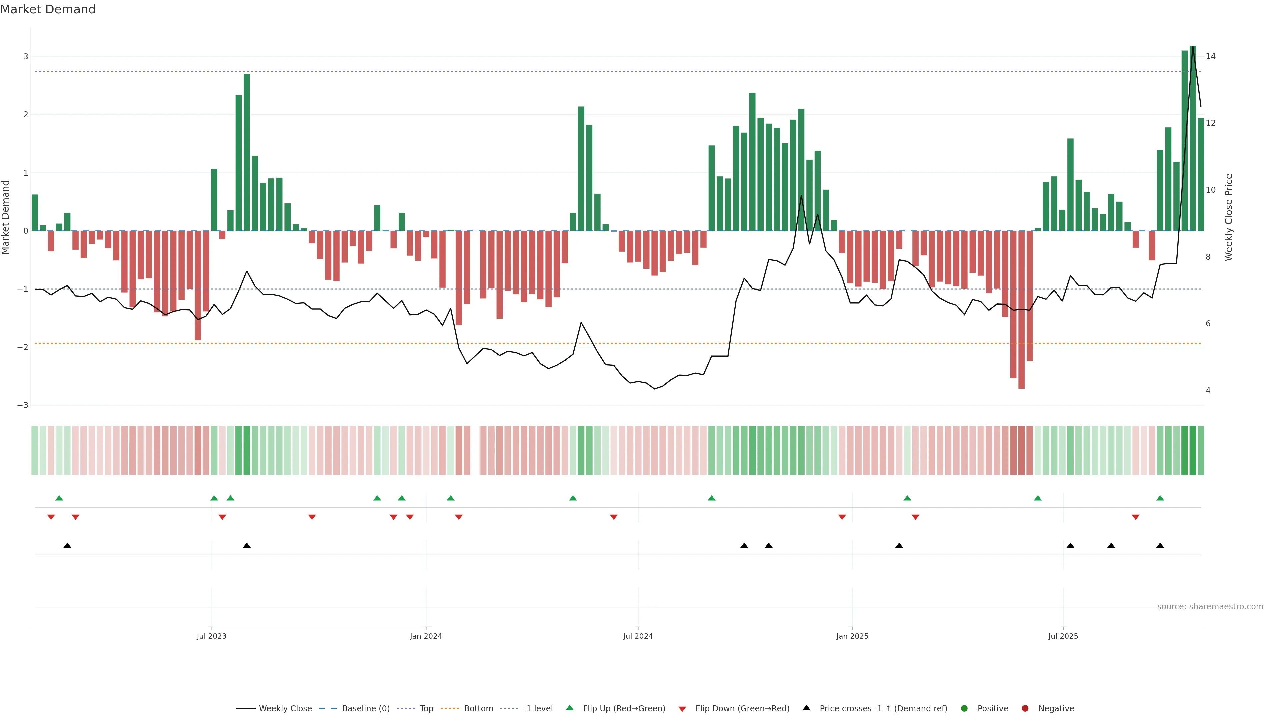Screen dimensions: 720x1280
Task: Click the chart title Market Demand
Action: [48, 9]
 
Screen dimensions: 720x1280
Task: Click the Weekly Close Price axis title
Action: [1229, 217]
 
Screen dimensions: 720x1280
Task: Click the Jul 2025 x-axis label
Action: [1063, 636]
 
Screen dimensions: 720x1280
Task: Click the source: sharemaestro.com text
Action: [1210, 606]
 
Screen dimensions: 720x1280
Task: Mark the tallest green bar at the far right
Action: [1193, 139]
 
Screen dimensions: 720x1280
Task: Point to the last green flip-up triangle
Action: [1160, 498]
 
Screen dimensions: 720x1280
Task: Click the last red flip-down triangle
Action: [1135, 517]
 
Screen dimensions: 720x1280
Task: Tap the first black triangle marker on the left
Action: [67, 546]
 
